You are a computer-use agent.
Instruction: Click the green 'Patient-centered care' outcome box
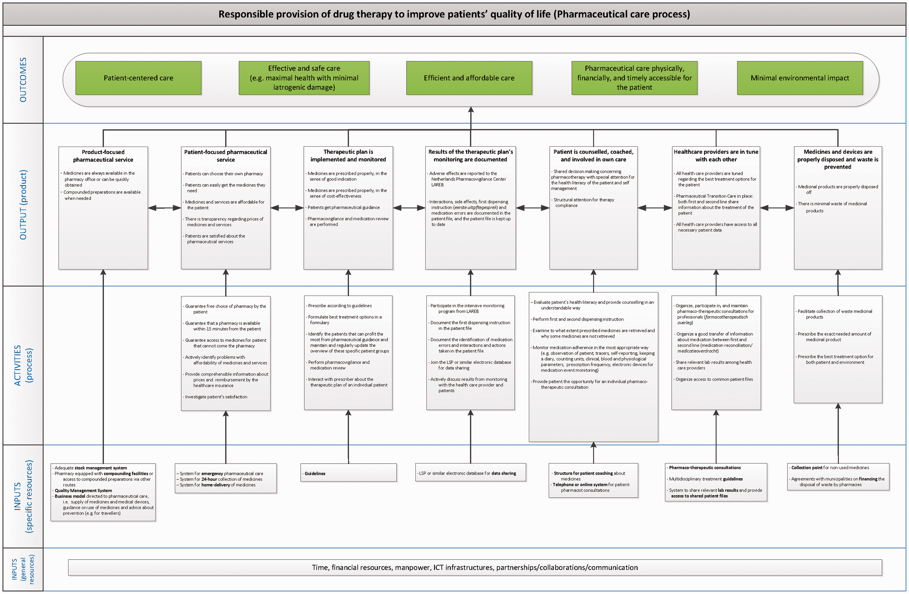138,78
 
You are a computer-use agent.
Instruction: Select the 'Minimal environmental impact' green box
800,78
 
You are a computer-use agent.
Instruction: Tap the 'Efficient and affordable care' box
469,78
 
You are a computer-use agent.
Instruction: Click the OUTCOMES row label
23,80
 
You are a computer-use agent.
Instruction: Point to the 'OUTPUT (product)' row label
23,205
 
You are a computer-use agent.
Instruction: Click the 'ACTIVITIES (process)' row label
23,365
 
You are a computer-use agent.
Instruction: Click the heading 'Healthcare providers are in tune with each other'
716,155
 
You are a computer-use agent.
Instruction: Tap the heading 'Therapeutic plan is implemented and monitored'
348,155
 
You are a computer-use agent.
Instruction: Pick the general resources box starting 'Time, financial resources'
475,567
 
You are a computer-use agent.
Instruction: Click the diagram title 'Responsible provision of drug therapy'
454,14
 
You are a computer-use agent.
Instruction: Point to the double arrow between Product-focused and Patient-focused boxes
164,208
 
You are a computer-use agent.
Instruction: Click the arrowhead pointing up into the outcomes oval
471,110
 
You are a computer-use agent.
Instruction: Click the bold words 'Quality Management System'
83,491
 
